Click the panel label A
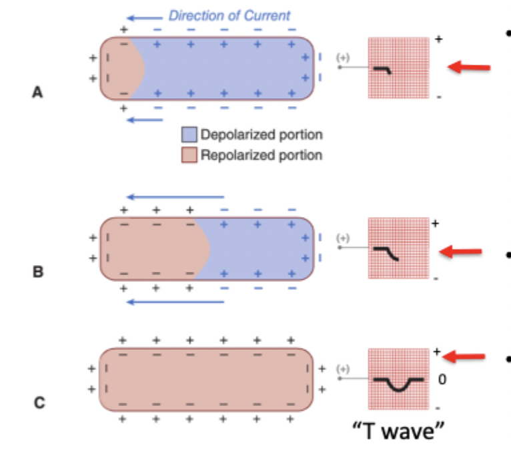click(37, 93)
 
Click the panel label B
click(37, 272)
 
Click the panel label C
click(37, 402)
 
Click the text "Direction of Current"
click(229, 15)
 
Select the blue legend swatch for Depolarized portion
click(189, 135)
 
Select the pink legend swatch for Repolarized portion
click(189, 156)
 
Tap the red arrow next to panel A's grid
click(470, 67)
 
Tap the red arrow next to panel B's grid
click(462, 252)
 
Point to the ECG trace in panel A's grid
click(383, 69)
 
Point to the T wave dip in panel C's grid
click(398, 386)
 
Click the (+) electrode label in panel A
click(344, 58)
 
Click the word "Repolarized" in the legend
click(229, 156)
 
